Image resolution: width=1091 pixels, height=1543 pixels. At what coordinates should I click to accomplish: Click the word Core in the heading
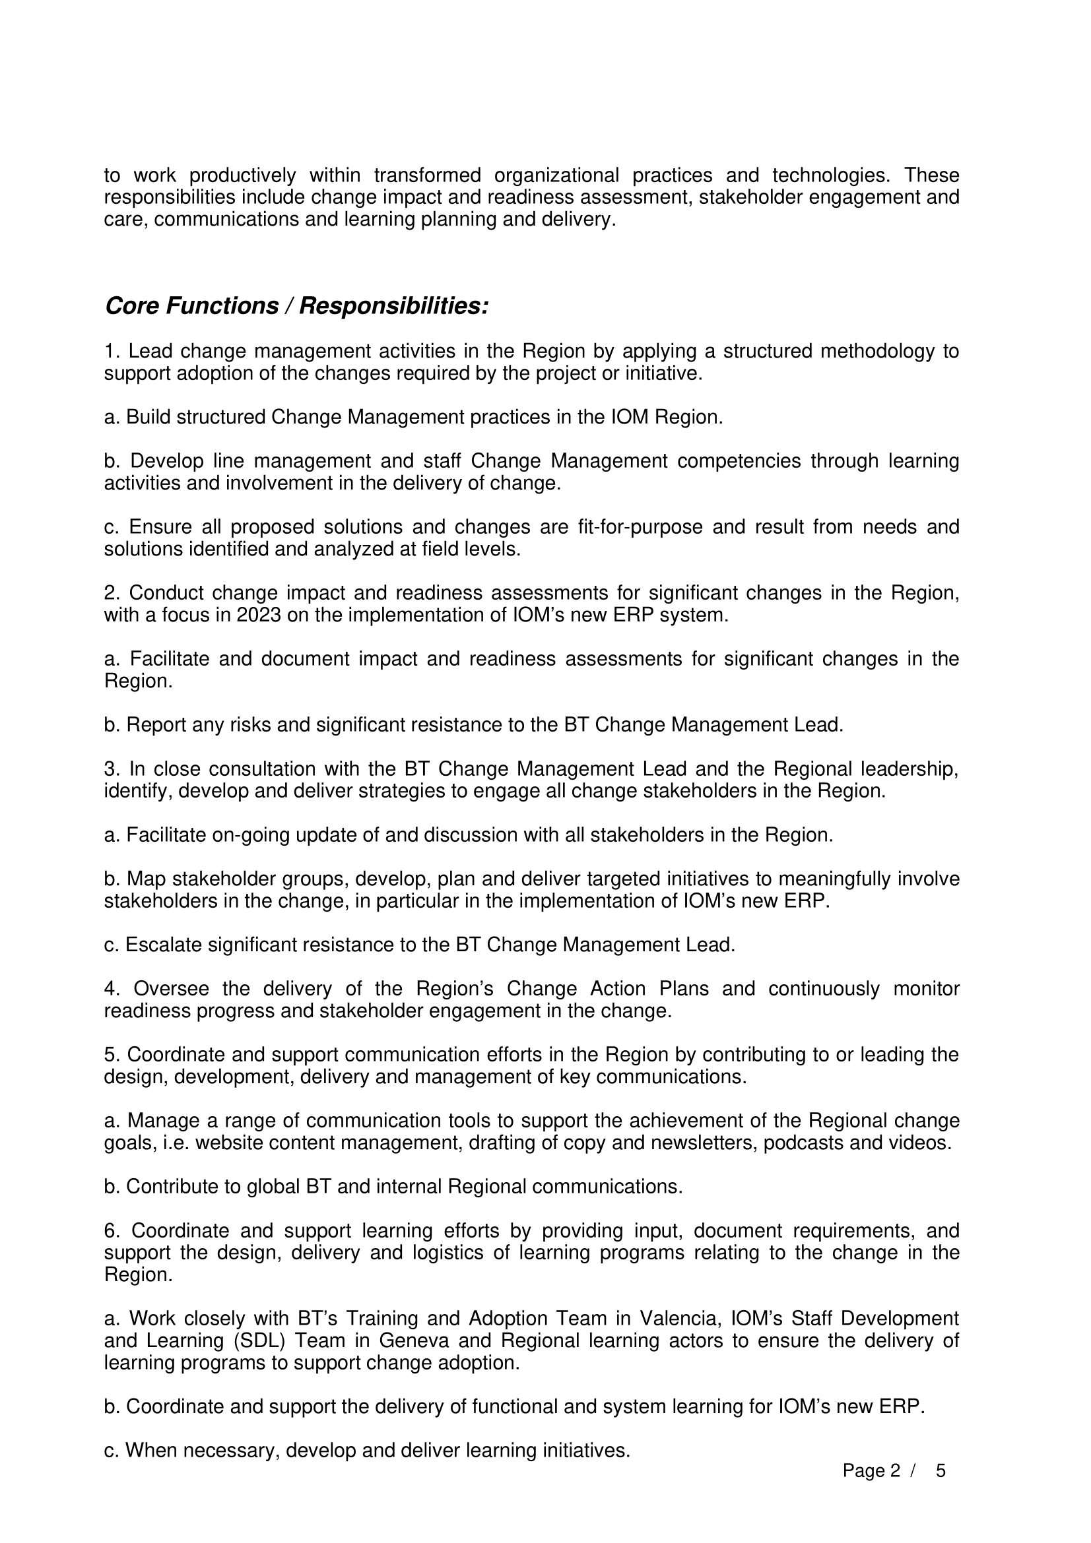pos(133,307)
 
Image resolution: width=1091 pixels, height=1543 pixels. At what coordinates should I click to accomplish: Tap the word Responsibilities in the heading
pos(393,307)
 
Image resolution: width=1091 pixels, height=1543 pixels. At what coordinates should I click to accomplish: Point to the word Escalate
pos(164,945)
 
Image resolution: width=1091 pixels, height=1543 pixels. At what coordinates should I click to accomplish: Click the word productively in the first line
pos(242,175)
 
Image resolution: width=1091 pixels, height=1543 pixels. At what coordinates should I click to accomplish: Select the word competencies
pos(739,462)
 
